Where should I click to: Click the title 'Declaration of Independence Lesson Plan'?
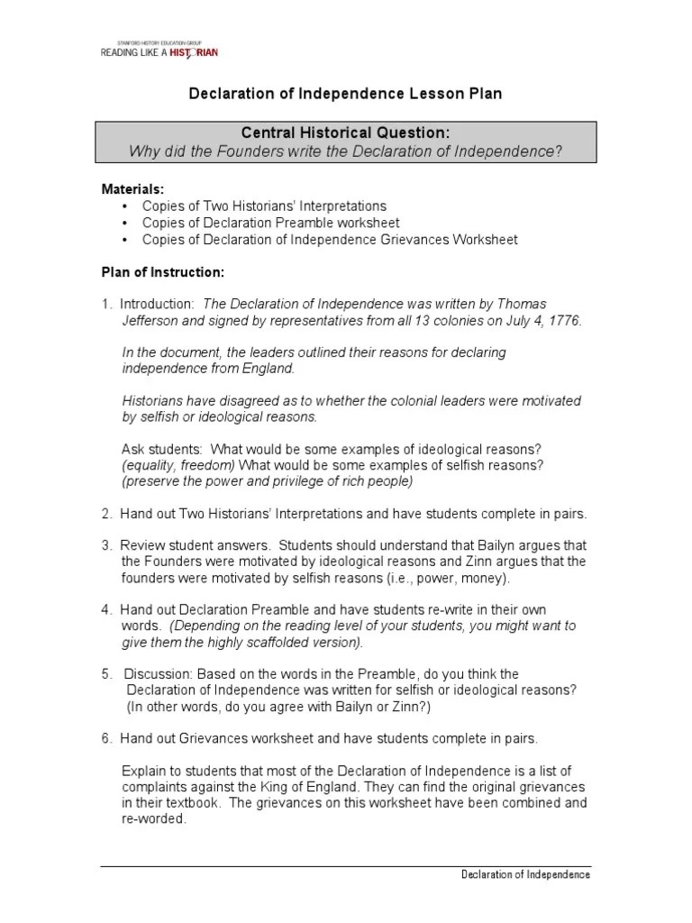(x=345, y=94)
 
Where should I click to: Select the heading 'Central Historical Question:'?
(x=346, y=133)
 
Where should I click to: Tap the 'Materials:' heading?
(x=132, y=190)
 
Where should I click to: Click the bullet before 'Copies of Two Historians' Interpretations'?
(x=124, y=206)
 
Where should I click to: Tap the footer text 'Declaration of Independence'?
(x=525, y=875)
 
